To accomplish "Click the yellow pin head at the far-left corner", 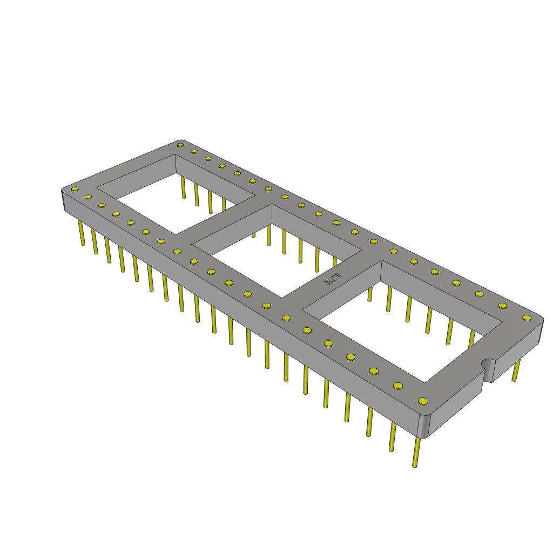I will (75, 189).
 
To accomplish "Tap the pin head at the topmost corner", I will (180, 144).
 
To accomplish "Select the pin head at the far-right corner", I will (527, 318).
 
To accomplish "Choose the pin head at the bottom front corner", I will (423, 401).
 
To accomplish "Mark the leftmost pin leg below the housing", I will (82, 232).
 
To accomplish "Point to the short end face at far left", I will (63, 201).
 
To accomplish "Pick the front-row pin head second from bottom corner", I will (398, 386).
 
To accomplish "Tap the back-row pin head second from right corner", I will (502, 306).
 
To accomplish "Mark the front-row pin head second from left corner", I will (89, 197).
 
